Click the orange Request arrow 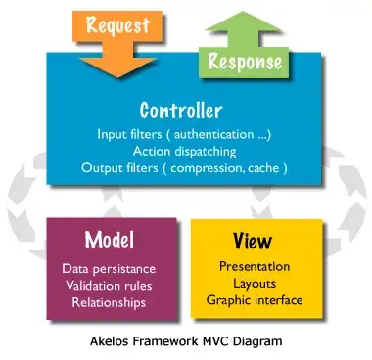click(x=117, y=42)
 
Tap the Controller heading click(x=181, y=111)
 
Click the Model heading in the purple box click(x=110, y=240)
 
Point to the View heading click(x=253, y=241)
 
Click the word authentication click(x=213, y=134)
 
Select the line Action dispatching click(x=184, y=152)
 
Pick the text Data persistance click(x=109, y=269)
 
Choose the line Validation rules click(x=109, y=286)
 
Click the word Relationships click(x=109, y=302)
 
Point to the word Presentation click(x=255, y=266)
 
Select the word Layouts click(x=255, y=284)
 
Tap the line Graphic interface click(x=255, y=300)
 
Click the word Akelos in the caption click(x=110, y=341)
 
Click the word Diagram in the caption click(x=257, y=342)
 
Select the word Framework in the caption click(x=165, y=341)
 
